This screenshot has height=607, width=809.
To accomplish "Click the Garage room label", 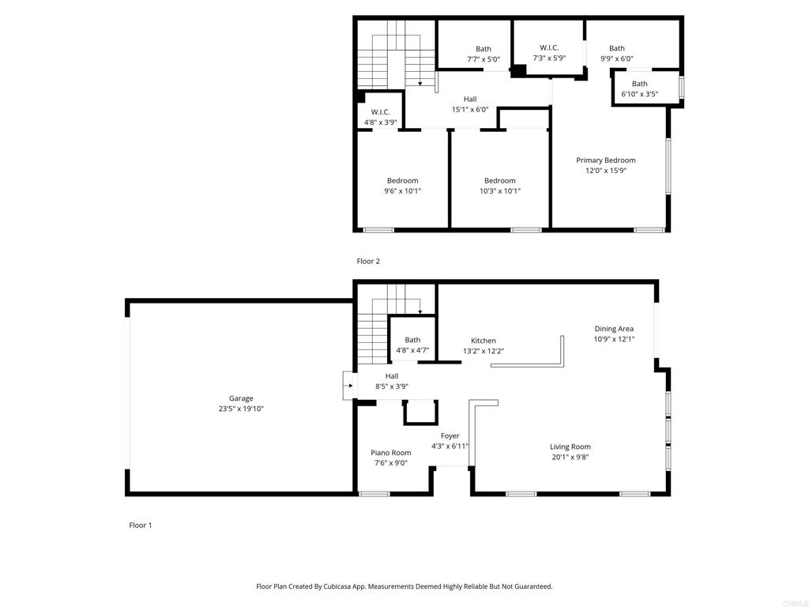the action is [x=241, y=398].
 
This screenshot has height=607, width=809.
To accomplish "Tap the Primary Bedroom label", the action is [x=606, y=160].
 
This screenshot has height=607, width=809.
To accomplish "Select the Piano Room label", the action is [x=390, y=453].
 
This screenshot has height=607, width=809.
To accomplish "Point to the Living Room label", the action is [x=570, y=447].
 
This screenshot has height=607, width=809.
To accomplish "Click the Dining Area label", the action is [x=614, y=329].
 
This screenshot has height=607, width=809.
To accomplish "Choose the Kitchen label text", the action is [x=484, y=341].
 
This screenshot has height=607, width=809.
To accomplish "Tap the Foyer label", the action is [x=450, y=436].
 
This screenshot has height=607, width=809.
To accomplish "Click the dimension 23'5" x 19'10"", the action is [x=241, y=409].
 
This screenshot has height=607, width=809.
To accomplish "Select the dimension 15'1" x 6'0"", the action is [x=470, y=109].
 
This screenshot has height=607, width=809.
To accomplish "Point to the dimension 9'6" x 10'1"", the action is [x=402, y=191].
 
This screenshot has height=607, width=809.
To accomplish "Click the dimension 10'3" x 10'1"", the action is [x=500, y=191].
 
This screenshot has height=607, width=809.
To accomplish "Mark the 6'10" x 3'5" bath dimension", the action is [x=640, y=94].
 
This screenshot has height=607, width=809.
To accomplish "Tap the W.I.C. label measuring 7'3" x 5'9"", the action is [x=549, y=47].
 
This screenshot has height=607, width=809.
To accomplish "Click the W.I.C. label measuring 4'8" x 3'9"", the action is [x=380, y=112].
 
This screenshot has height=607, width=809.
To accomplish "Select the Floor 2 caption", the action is [x=368, y=261].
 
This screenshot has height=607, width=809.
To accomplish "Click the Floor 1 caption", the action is [x=141, y=526].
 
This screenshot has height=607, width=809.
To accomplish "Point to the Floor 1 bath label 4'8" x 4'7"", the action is [x=412, y=340].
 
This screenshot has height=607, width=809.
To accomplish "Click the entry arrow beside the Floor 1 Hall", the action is [x=350, y=386].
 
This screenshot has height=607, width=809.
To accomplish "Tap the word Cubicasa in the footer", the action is [x=337, y=586].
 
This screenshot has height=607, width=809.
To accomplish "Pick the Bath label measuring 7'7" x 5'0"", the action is [x=484, y=49].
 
